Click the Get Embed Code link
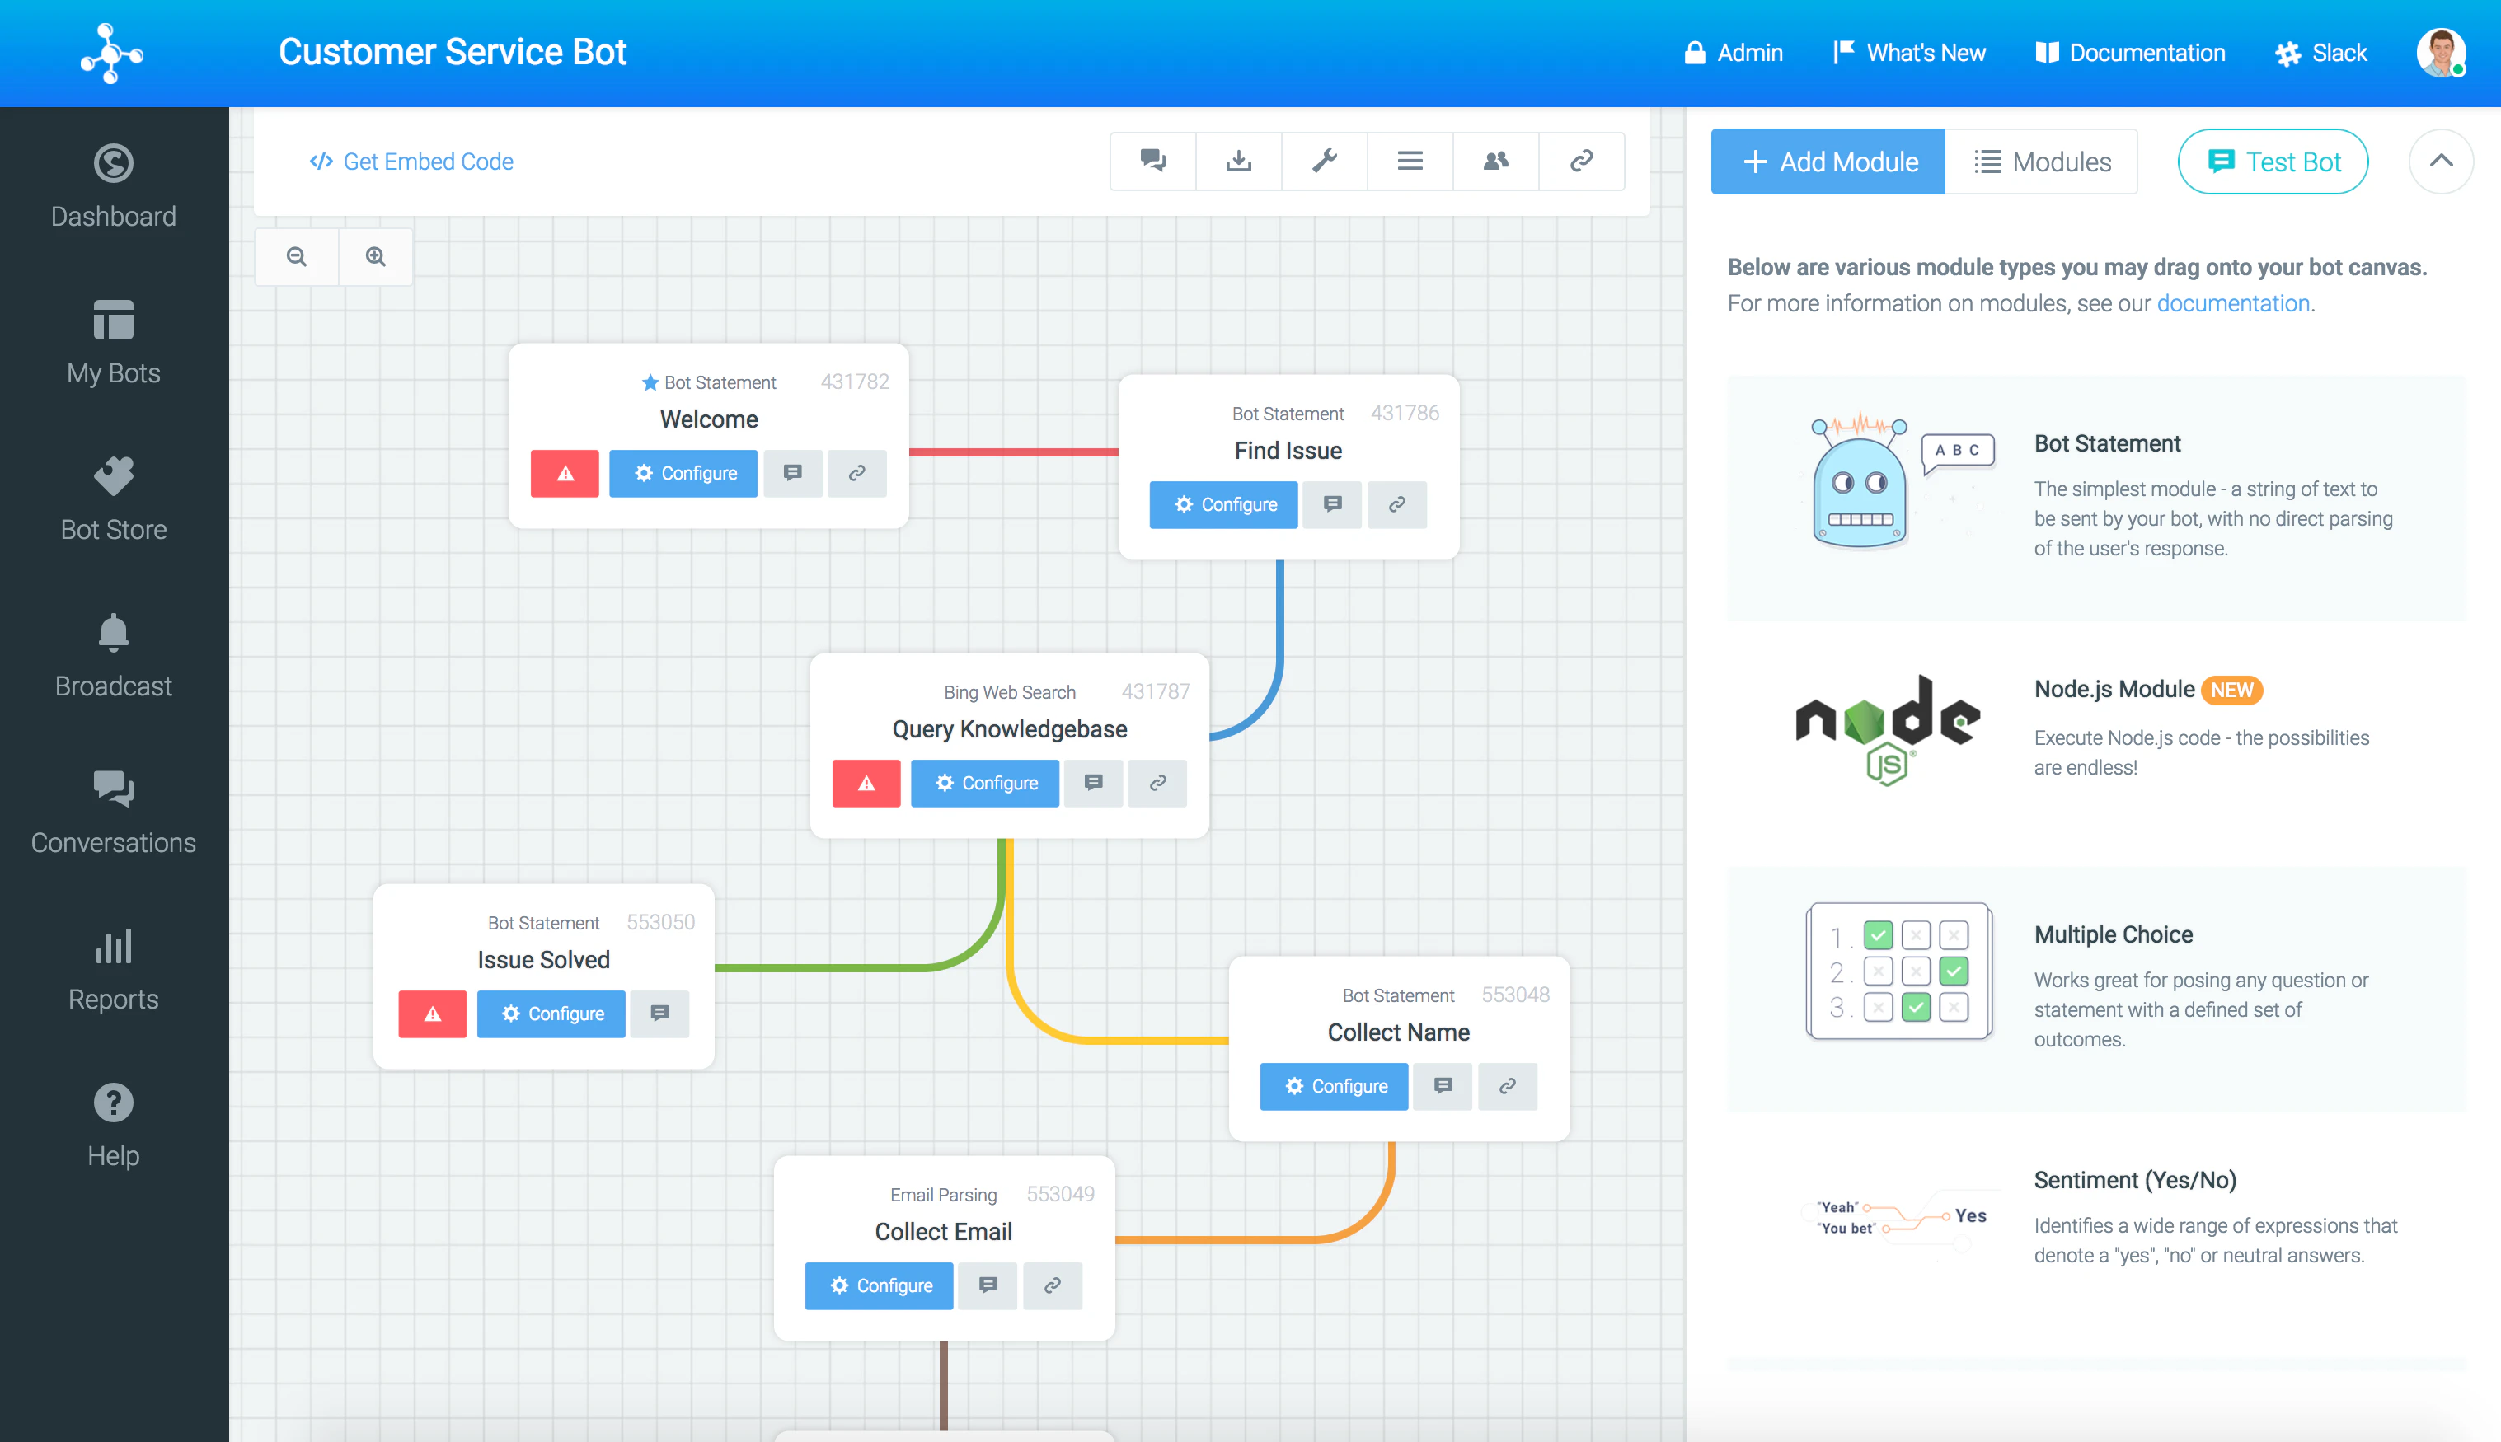click(x=411, y=162)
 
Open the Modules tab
click(x=2041, y=162)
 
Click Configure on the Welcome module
click(x=683, y=474)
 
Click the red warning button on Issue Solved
click(x=433, y=1014)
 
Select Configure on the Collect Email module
click(x=880, y=1285)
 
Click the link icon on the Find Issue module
click(x=1396, y=505)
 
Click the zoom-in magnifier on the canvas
click(x=375, y=256)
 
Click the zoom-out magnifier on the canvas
click(x=296, y=256)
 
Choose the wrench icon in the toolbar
click(x=1325, y=161)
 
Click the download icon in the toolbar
click(x=1238, y=161)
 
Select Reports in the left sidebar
click(x=114, y=968)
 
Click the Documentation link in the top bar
click(x=2129, y=53)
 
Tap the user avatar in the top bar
click(x=2441, y=53)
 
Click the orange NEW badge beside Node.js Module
click(x=2231, y=691)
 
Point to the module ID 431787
click(x=1155, y=691)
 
